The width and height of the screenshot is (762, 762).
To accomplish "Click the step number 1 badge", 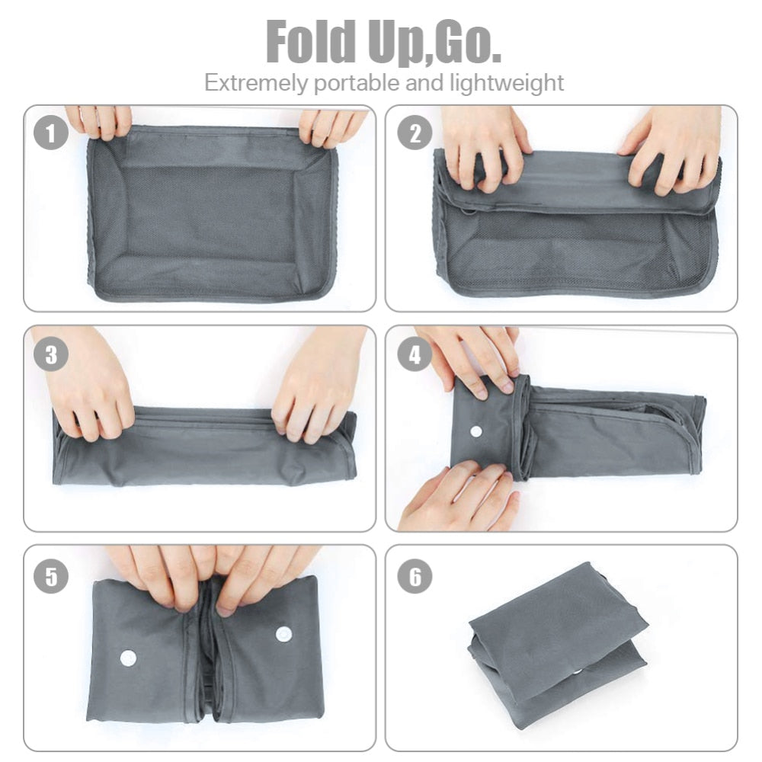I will (51, 135).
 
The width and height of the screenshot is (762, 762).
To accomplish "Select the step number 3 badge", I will (51, 354).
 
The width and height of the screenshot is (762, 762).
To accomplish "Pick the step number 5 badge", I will (51, 575).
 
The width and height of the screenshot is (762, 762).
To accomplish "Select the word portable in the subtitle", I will (370, 83).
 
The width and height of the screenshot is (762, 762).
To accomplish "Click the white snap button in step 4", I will (476, 431).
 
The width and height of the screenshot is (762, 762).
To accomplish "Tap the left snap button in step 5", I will (127, 657).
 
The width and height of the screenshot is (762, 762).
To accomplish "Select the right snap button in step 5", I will (284, 632).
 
